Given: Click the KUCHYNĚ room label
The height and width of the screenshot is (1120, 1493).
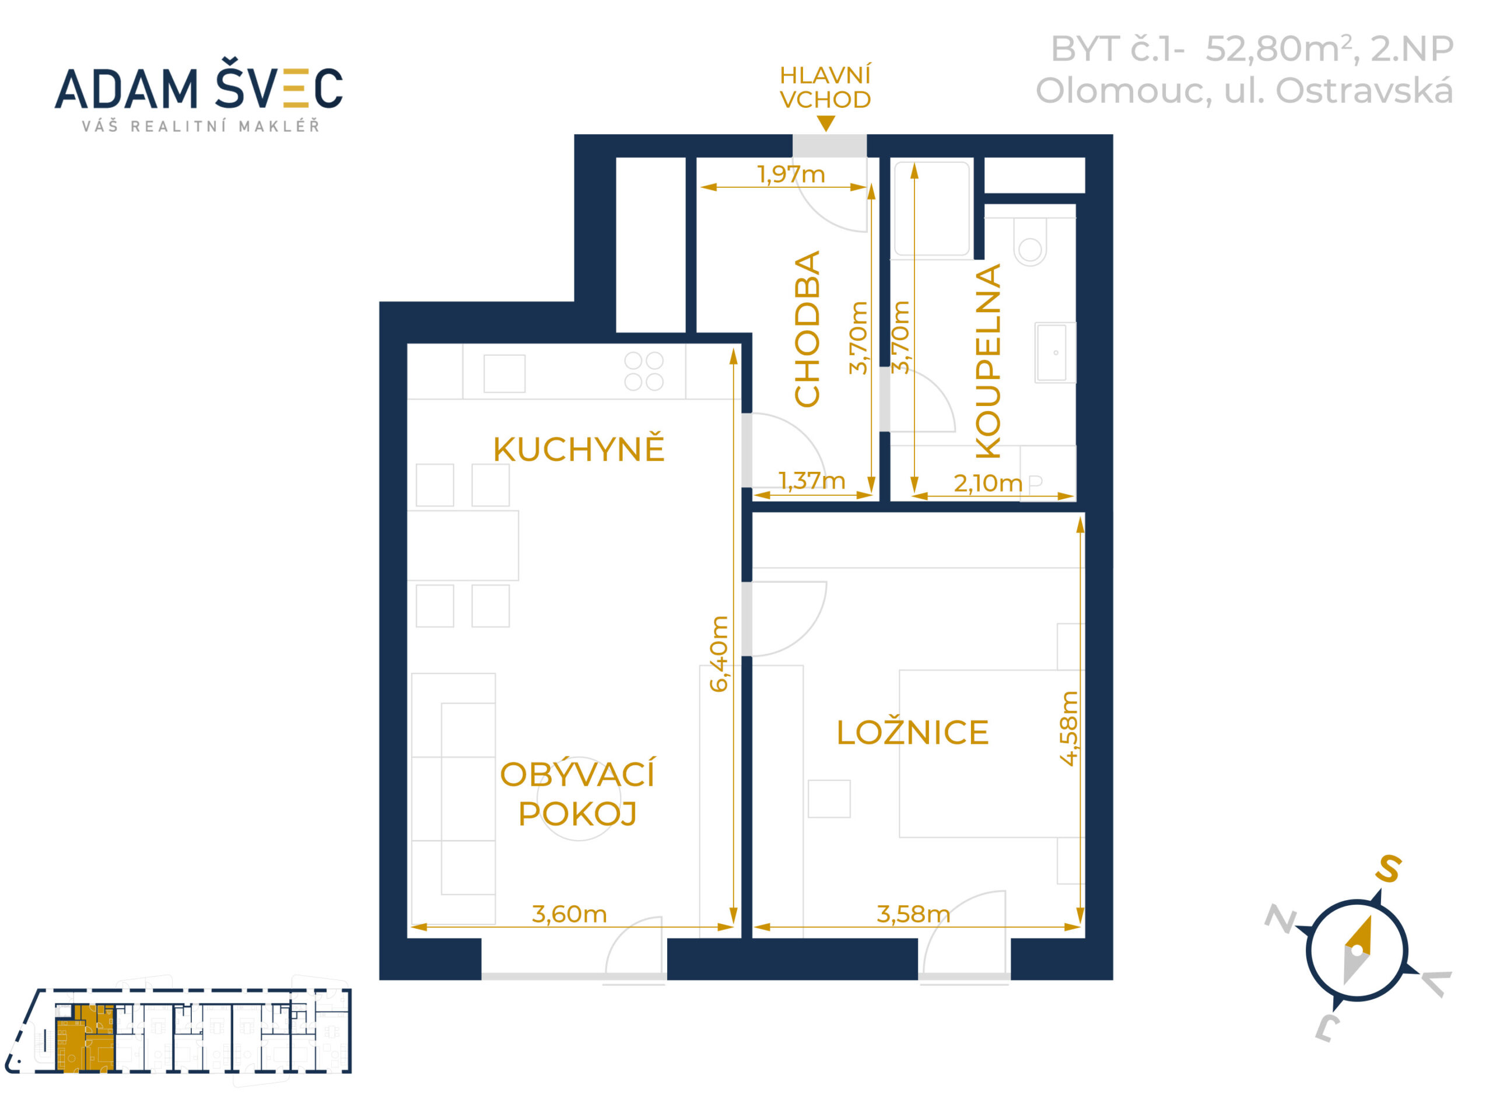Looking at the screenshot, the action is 579,449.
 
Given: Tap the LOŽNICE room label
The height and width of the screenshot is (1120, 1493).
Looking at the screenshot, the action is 913,733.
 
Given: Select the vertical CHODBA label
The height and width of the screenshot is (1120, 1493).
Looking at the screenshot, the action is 807,329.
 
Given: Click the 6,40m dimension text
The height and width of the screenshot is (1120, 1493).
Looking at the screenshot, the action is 720,653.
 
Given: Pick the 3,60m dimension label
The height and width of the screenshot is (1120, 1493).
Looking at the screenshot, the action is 569,914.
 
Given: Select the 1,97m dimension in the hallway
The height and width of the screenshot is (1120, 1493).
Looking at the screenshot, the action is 791,175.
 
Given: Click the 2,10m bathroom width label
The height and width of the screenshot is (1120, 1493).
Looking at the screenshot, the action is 987,484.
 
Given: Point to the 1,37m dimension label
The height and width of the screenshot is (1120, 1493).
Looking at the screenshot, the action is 811,481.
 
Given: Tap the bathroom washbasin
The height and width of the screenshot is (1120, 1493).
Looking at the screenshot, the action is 1055,352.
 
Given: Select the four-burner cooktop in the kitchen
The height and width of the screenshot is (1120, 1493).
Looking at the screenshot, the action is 644,372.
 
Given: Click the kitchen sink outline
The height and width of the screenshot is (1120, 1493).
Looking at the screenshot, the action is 504,373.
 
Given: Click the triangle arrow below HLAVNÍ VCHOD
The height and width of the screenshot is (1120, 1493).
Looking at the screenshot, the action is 825,124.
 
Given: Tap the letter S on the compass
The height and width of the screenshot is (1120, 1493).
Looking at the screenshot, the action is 1389,869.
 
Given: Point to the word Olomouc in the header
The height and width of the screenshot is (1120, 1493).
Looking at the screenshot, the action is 1123,91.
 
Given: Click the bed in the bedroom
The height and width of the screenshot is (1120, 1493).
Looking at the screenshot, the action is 991,754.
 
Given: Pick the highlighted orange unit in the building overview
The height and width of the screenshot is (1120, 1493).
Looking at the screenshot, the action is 86,1038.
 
